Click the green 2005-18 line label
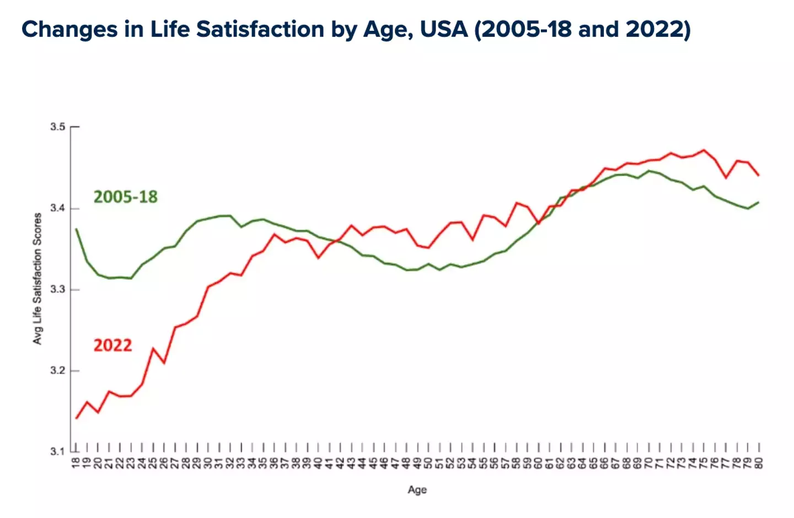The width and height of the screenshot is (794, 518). coord(125,197)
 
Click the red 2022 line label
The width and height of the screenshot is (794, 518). coord(112,346)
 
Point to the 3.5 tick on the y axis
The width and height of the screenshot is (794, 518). coord(57,127)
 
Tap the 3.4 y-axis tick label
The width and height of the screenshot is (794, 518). coord(57,208)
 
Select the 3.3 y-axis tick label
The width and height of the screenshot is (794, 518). coord(57,289)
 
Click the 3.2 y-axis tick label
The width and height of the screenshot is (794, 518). coord(57,370)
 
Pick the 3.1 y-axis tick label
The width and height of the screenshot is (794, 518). coord(57,451)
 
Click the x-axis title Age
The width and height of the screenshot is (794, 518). coord(417,490)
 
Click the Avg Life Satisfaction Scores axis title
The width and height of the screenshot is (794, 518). coord(37,279)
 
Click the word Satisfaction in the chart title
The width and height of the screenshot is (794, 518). coord(260,29)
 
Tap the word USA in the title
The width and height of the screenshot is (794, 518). coord(444,29)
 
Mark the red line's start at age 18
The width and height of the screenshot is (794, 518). coord(76,418)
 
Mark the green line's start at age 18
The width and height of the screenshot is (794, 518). coord(76,229)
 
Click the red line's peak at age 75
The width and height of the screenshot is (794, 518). coord(704,150)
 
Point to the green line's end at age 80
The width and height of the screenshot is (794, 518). coord(759,202)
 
